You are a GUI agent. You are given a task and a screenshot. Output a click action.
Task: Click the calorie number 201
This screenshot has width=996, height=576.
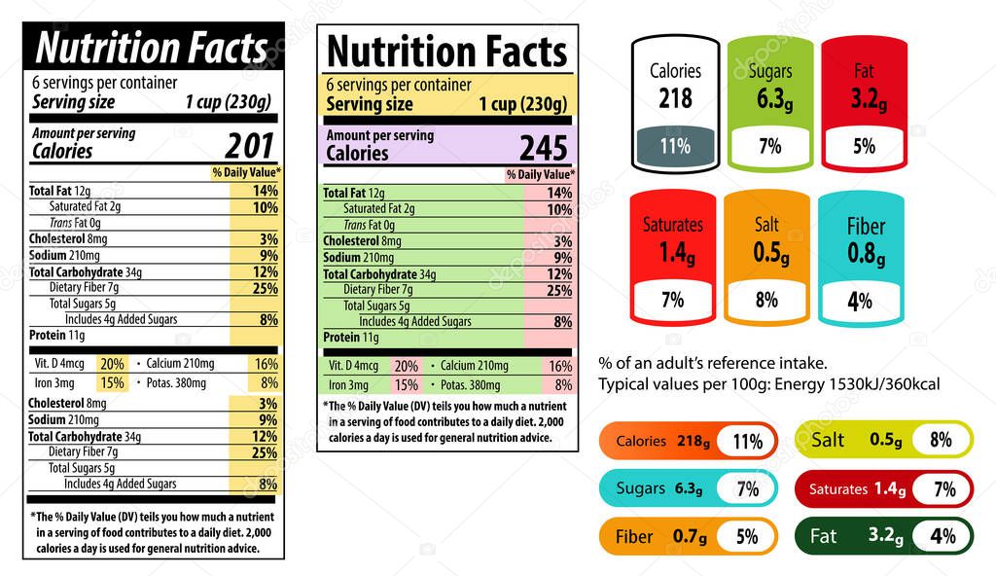pyautogui.click(x=250, y=146)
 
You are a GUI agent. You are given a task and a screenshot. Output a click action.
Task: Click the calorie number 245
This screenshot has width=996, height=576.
pyautogui.click(x=543, y=148)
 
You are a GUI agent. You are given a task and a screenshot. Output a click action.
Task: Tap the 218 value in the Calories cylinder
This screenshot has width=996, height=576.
pyautogui.click(x=675, y=97)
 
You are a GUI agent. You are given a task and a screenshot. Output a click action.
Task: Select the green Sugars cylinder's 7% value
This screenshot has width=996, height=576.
pyautogui.click(x=769, y=147)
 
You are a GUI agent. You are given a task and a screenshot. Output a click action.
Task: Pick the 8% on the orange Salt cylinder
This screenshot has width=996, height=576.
pyautogui.click(x=766, y=301)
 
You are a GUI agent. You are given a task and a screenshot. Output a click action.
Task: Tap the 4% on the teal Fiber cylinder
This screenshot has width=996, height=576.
pyautogui.click(x=859, y=301)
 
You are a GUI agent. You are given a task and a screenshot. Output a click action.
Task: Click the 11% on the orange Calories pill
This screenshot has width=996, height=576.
pyautogui.click(x=747, y=442)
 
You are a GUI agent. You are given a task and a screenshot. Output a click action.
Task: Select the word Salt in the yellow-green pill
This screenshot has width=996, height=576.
pyautogui.click(x=828, y=440)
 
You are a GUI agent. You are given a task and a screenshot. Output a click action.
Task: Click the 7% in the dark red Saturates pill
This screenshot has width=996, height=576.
pyautogui.click(x=943, y=489)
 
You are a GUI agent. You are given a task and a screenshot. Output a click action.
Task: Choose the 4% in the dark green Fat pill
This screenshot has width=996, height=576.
pyautogui.click(x=943, y=536)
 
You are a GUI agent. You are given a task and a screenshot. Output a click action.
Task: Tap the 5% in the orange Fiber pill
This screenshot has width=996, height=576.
pyautogui.click(x=746, y=536)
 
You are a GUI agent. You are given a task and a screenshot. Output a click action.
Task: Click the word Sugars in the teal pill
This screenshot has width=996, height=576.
pyautogui.click(x=641, y=488)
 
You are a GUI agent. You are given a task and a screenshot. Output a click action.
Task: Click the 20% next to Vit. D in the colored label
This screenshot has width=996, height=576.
pyautogui.click(x=407, y=366)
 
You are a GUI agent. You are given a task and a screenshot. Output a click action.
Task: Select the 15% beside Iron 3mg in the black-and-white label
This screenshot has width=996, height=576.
pyautogui.click(x=113, y=382)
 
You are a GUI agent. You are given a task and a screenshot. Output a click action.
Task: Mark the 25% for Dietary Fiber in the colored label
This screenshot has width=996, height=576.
pyautogui.click(x=558, y=290)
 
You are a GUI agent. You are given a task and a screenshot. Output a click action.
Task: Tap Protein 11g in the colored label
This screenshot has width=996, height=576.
pyautogui.click(x=350, y=338)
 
